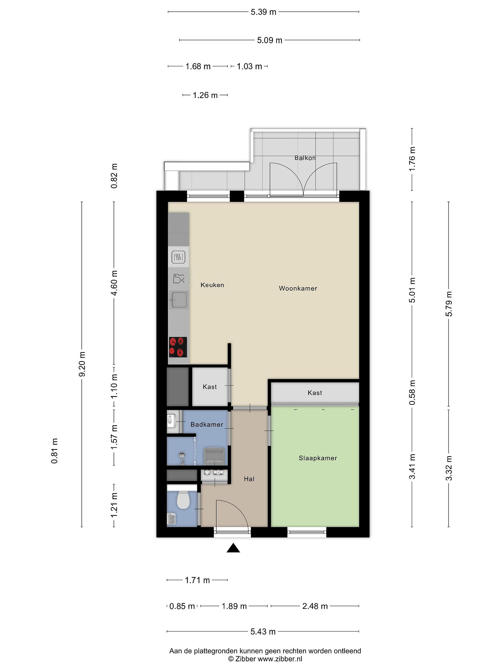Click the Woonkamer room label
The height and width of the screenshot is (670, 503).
point(298,288)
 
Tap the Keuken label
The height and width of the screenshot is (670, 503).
point(212,285)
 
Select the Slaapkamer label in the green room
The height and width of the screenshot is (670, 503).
point(318,458)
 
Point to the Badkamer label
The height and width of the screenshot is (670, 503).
point(207,424)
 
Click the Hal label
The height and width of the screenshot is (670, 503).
point(249,479)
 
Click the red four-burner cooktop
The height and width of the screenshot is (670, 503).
point(178,347)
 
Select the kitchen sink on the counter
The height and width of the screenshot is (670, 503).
point(179,300)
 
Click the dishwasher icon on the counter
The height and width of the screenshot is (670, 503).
point(179,278)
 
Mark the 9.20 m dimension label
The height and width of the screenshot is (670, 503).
point(82,364)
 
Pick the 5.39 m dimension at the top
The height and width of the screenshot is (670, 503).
point(263,12)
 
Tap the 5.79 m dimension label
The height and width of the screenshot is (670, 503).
point(449,304)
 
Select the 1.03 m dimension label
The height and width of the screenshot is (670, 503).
point(249,66)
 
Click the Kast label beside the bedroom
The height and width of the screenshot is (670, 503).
point(315,393)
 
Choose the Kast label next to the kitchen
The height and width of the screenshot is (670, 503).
point(210,387)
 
